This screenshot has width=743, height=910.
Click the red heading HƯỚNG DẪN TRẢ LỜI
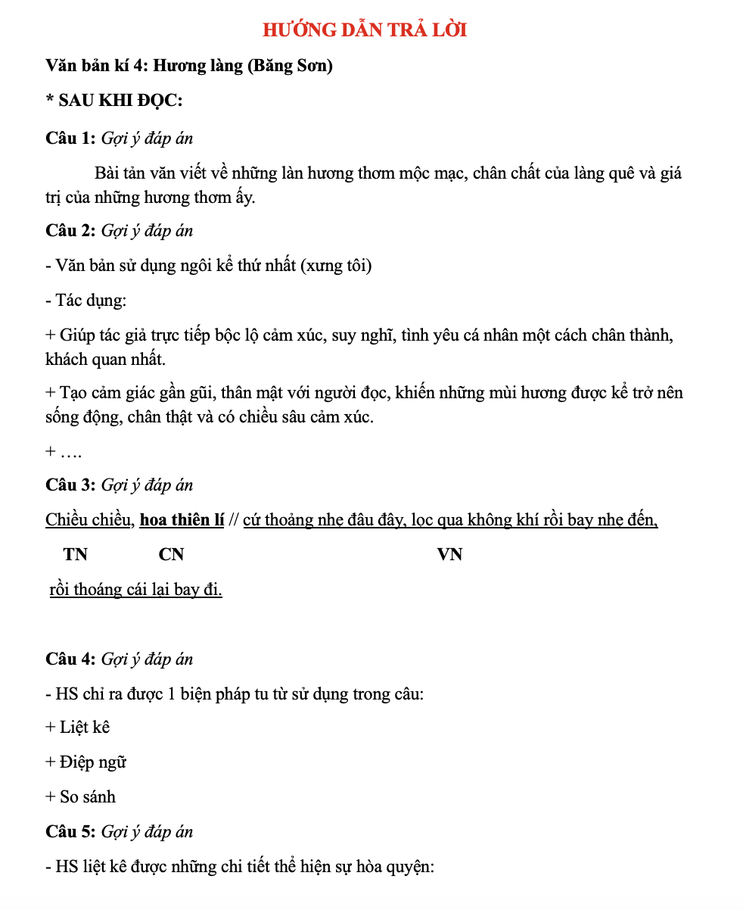coord(365,30)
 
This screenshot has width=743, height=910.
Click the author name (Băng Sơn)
coord(290,66)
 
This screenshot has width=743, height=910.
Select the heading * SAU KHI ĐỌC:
coord(113,101)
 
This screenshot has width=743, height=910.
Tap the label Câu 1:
coord(70,138)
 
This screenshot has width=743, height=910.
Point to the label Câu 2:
coord(70,231)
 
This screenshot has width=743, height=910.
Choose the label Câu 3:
coord(70,485)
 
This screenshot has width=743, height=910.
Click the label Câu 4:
coord(70,659)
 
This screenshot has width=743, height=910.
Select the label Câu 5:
coord(70,832)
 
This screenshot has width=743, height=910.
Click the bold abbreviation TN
coord(76,555)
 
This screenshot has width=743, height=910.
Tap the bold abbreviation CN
coord(171,555)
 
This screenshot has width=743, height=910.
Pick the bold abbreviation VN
coord(449,555)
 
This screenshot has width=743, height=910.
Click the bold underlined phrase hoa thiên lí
coord(182,520)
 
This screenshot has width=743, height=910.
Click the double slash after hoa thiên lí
coord(234,520)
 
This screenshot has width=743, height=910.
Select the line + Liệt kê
coord(78,728)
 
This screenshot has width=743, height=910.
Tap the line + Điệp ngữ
coord(85,762)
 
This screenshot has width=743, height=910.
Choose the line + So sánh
coord(80,797)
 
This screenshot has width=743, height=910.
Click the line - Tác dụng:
coord(85,301)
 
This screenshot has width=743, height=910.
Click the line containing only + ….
coord(64,452)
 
